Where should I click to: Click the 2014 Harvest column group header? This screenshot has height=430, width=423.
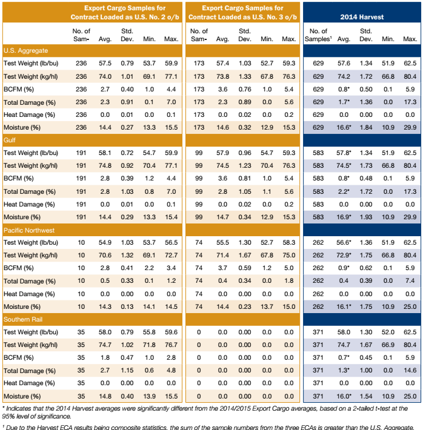(361, 17)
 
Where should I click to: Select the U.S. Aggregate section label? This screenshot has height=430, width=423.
(26, 50)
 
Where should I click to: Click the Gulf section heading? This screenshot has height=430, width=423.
(11, 140)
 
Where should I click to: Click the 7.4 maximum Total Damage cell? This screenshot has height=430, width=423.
(410, 281)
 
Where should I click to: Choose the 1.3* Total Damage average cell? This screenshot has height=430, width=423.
(344, 370)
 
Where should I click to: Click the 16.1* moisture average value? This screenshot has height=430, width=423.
(345, 306)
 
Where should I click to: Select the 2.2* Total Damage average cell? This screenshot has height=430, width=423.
(344, 191)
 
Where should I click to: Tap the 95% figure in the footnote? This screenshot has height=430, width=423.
(10, 416)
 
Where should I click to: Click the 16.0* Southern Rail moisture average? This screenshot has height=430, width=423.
(345, 395)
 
